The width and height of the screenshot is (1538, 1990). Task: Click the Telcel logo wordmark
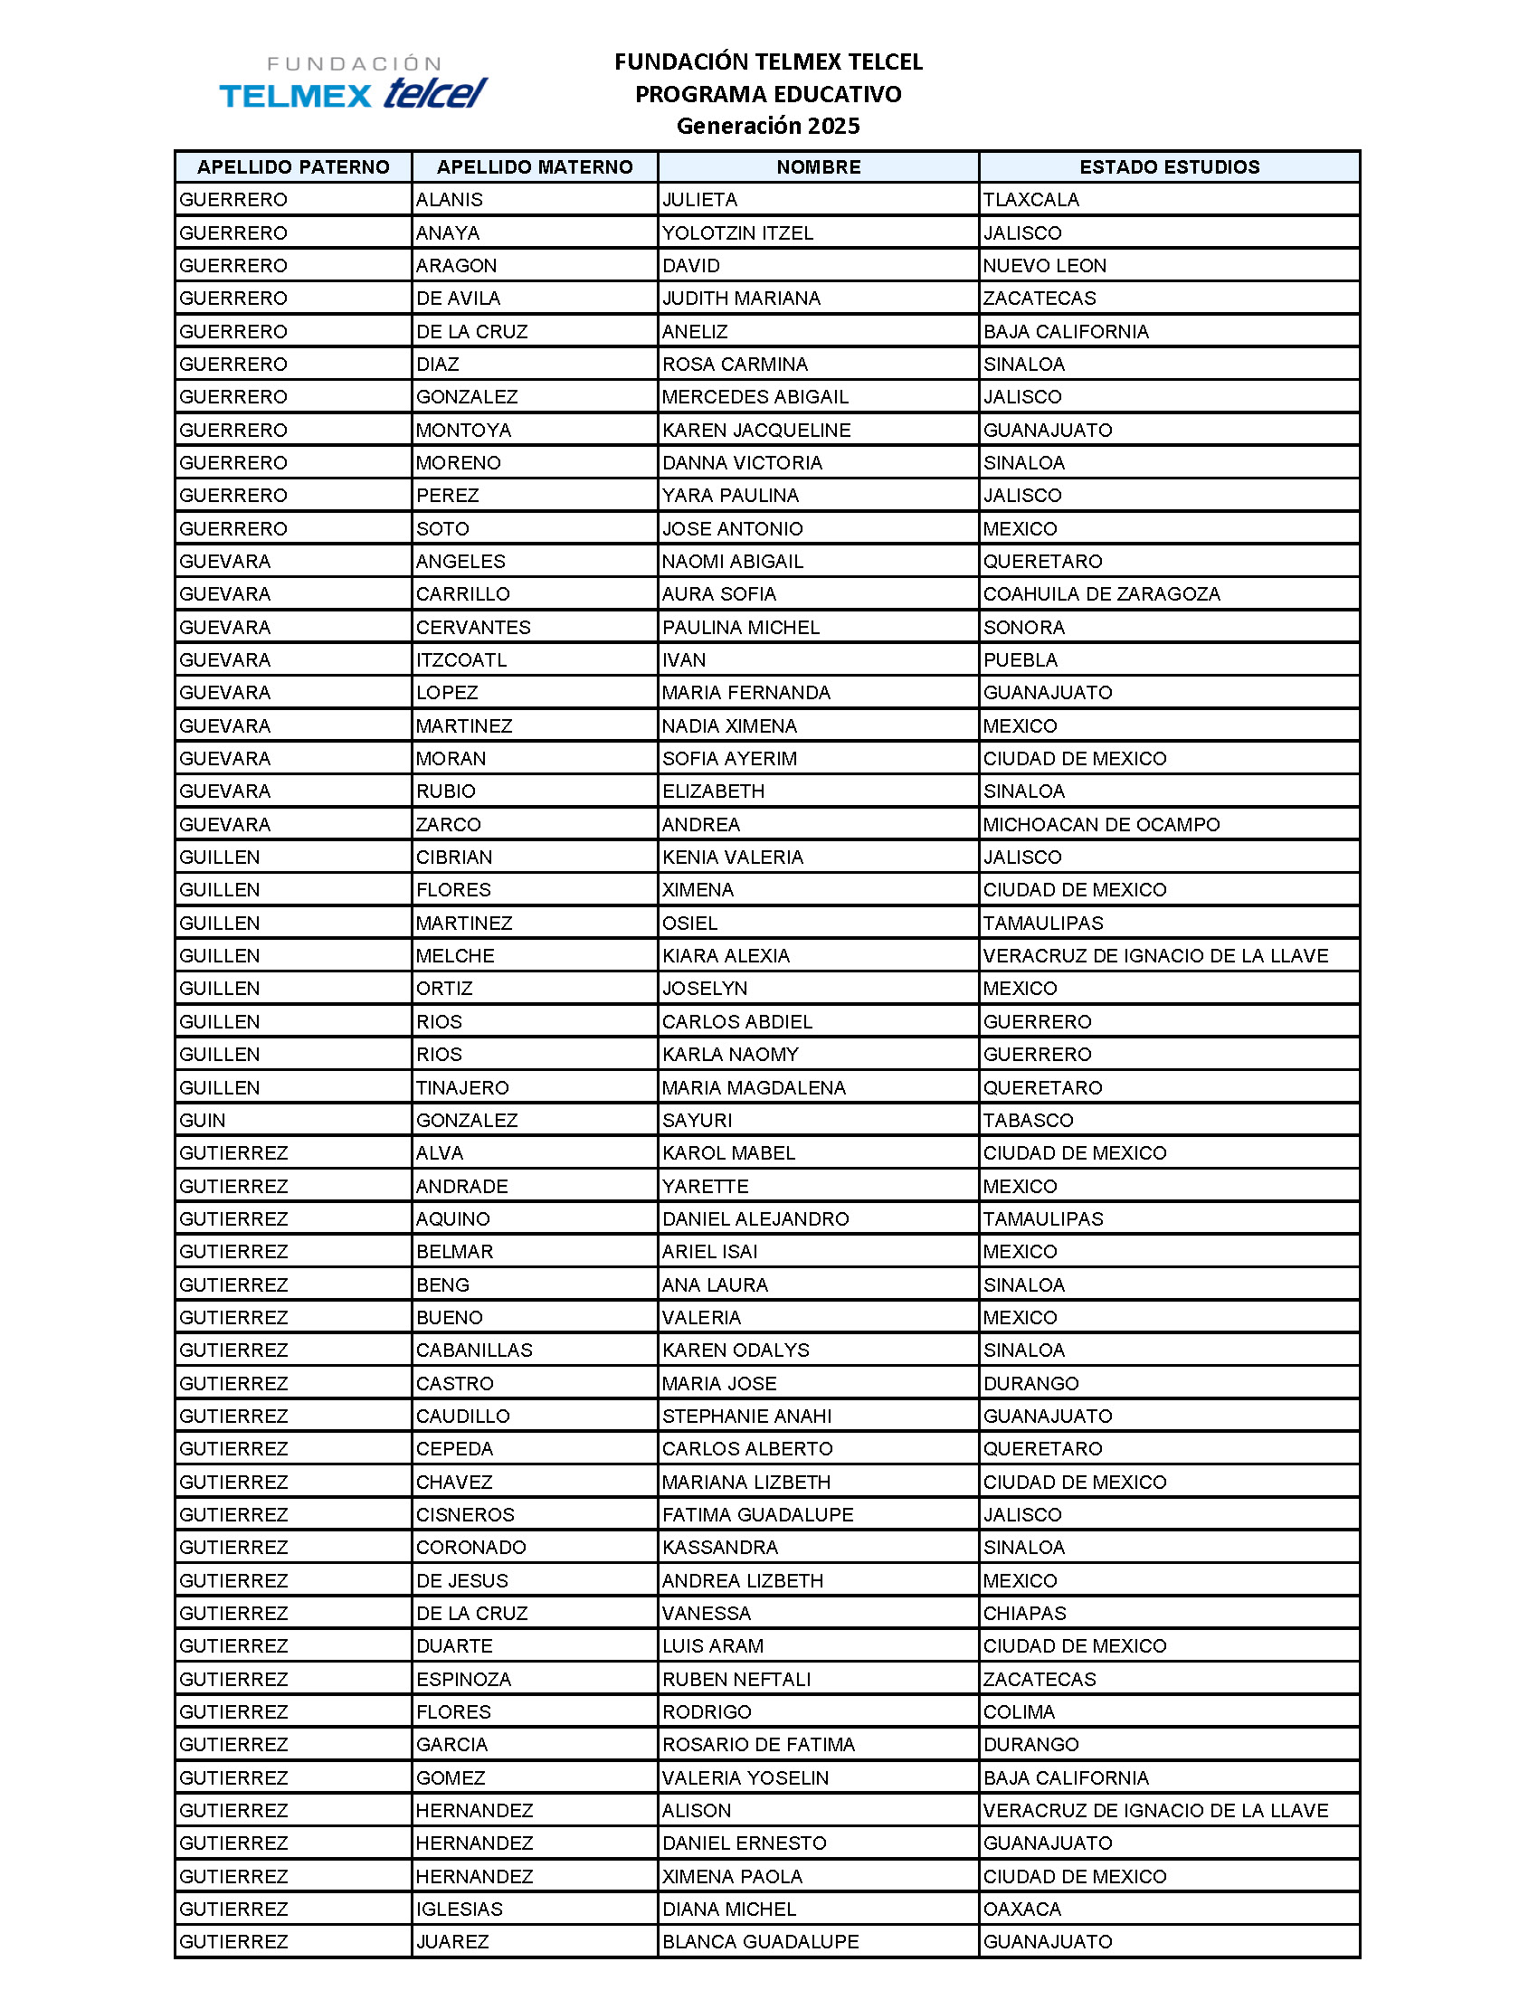(435, 93)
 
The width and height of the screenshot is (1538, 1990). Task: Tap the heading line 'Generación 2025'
(767, 126)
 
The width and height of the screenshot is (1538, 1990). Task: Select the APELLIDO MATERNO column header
(534, 166)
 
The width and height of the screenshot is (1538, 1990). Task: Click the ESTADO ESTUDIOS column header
(1169, 166)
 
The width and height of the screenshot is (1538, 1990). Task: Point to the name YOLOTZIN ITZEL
(737, 232)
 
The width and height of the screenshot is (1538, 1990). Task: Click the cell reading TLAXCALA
(1030, 200)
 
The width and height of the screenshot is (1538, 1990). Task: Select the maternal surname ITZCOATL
(461, 659)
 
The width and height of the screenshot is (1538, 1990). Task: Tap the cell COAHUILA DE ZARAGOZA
(1101, 594)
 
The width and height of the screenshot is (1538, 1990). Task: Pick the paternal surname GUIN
(203, 1120)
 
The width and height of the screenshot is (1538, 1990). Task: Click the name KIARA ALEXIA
(726, 956)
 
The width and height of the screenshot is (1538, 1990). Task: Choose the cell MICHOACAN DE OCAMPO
(1101, 825)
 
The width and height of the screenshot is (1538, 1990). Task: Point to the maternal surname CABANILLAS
(474, 1350)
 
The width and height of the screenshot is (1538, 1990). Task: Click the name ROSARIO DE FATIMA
(758, 1744)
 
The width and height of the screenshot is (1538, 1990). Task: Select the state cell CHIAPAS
(1024, 1613)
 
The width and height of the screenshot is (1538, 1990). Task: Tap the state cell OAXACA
(1022, 1909)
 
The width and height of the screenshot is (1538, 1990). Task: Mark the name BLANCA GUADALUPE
(760, 1942)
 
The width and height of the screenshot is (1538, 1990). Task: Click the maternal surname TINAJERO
(462, 1087)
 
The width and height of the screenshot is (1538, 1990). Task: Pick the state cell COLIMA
(1019, 1711)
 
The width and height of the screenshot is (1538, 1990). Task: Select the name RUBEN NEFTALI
(736, 1678)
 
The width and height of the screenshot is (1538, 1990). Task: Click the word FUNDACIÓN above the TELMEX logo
(354, 64)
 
